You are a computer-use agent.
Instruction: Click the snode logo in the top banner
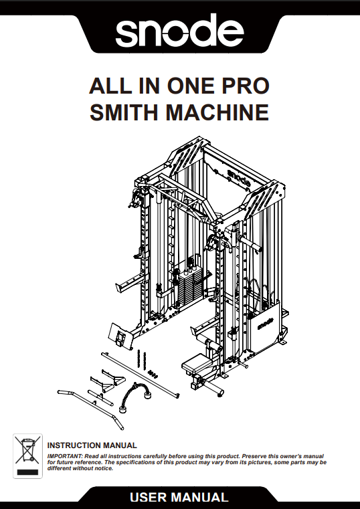pos(180,31)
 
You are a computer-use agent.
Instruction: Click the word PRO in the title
pos(244,87)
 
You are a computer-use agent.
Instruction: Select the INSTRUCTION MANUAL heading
pos(92,445)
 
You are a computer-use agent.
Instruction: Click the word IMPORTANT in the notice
pos(64,455)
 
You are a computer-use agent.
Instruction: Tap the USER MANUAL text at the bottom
pos(179,498)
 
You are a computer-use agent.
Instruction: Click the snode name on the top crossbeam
pos(238,178)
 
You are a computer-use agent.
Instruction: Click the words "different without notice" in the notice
pos(81,468)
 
